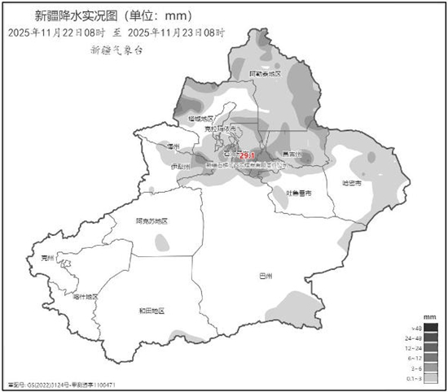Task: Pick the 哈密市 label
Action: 352,184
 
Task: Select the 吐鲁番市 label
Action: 299,193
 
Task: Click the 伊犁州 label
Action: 180,167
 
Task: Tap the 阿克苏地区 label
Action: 152,220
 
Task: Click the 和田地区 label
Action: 152,311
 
